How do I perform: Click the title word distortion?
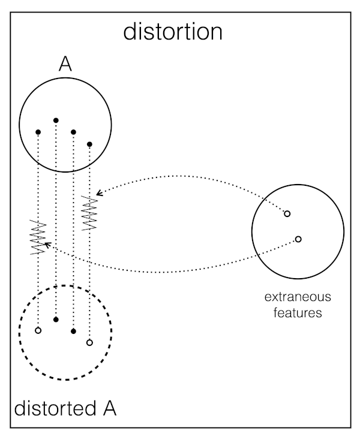point(173,31)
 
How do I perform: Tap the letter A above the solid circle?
point(65,65)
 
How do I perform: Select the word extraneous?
point(298,297)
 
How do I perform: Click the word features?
point(298,312)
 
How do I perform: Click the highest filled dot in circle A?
point(56,120)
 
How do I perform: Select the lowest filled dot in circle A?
point(89,144)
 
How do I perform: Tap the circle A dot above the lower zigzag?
point(38,132)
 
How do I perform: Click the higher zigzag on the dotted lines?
point(89,211)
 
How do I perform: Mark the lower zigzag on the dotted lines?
point(38,237)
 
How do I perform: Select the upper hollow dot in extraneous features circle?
point(287,213)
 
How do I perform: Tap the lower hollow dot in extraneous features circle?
point(298,239)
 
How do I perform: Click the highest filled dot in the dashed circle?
point(56,320)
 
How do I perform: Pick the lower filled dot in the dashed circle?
point(73,331)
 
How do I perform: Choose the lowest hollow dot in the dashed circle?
point(89,343)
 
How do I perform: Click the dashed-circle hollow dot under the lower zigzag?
point(38,330)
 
